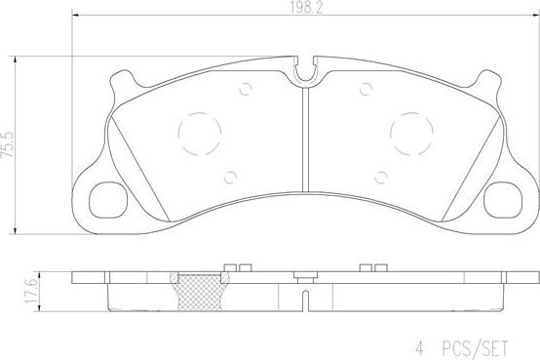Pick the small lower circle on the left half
[230, 177]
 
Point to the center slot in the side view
[304, 291]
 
